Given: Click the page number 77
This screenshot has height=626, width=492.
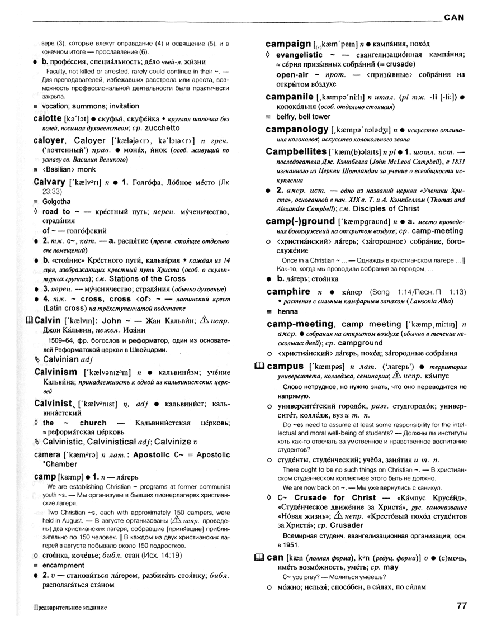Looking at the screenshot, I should (461, 605).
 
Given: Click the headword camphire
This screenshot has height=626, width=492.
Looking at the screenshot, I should (288, 291).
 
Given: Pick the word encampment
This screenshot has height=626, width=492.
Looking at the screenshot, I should (63, 565).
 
